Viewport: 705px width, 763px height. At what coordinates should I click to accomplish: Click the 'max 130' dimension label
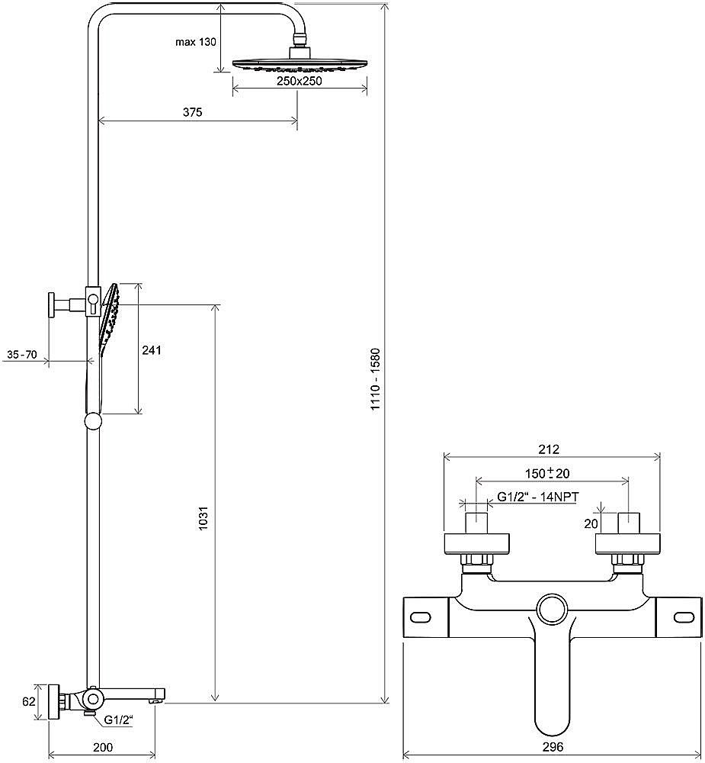click(x=195, y=42)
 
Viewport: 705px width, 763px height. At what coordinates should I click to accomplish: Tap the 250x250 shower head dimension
click(x=300, y=82)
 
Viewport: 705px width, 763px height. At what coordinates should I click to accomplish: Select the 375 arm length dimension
click(x=193, y=112)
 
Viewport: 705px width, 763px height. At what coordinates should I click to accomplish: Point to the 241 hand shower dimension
click(x=151, y=350)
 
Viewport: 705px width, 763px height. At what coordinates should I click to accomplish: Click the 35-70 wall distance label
click(x=22, y=355)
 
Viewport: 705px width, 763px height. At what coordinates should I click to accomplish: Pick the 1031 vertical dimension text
click(x=203, y=518)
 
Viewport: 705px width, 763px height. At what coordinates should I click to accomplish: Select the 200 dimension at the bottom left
click(x=103, y=747)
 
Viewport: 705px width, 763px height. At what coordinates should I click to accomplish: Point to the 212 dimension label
click(x=550, y=449)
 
